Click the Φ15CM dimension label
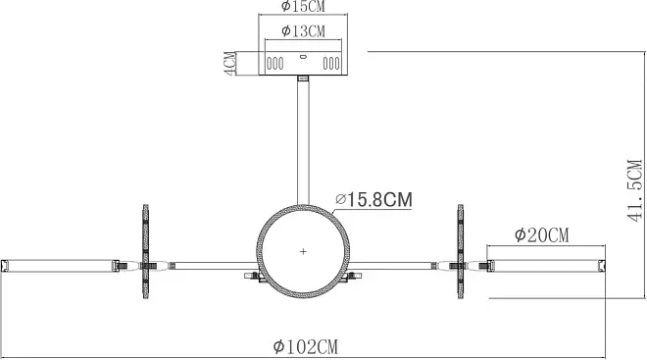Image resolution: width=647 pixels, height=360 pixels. [x=303, y=6]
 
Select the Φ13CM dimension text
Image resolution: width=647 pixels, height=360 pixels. [x=303, y=31]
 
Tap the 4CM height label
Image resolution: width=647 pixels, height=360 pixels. [x=230, y=64]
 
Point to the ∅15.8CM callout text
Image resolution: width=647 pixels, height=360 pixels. [x=373, y=200]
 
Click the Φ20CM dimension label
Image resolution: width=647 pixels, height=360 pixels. [x=541, y=235]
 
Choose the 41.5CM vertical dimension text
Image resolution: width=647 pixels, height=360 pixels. [x=634, y=190]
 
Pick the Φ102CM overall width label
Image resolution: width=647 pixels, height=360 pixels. [x=305, y=347]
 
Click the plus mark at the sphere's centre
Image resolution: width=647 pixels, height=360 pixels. [x=303, y=251]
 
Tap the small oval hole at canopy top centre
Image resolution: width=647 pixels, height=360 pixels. [x=303, y=57]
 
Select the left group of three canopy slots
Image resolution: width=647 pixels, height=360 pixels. [x=274, y=64]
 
